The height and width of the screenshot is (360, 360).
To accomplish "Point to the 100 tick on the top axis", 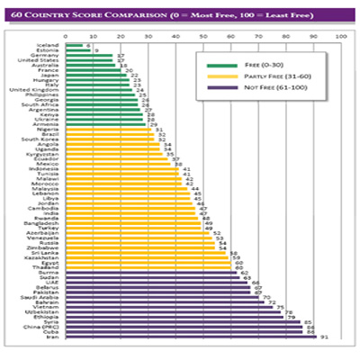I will [340, 36].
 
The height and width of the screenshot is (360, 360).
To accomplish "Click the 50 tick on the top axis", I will [203, 36].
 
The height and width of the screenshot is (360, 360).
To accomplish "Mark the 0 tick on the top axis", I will [67, 36].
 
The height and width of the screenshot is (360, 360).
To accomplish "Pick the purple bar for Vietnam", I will [170, 307].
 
